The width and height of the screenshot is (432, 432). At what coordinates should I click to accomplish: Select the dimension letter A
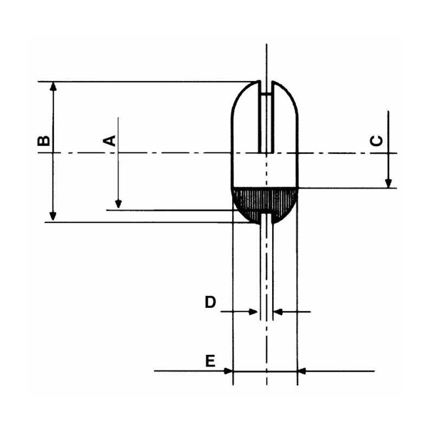pos(110,140)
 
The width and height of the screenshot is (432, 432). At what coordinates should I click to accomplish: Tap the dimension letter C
pos(377,140)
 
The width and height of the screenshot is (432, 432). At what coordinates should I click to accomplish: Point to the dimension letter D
pos(210,302)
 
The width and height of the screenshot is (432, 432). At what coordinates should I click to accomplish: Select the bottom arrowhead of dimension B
pos(53,217)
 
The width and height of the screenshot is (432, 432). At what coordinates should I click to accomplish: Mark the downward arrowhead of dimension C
pos(388,183)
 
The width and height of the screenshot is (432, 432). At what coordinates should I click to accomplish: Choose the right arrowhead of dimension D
pos(278,312)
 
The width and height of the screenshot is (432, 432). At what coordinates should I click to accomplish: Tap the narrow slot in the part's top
pos(265,122)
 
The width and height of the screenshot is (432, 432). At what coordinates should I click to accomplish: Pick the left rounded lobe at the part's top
pos(245,103)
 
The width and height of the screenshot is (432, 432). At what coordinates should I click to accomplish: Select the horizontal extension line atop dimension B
pos(146,82)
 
